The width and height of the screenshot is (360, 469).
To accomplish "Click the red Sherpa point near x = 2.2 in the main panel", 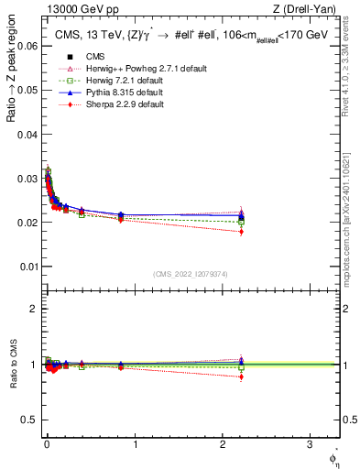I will (x=241, y=232).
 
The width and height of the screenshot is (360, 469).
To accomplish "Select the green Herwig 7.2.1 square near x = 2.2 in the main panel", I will (x=241, y=222).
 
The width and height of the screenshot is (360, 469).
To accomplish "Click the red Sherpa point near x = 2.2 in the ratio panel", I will (x=241, y=376).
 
